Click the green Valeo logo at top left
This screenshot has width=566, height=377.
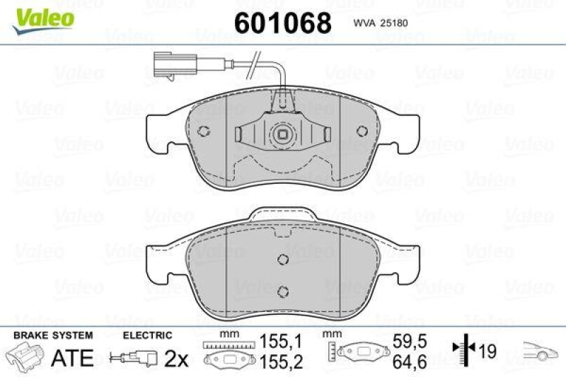[x=40, y=16]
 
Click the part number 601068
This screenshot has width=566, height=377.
[x=282, y=23]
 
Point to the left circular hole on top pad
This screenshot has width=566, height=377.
[x=204, y=131]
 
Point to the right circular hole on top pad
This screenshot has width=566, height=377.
[x=362, y=131]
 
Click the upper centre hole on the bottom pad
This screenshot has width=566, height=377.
[x=282, y=258]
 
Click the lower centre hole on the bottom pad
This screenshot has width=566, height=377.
[x=282, y=290]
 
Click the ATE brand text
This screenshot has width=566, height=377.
[x=72, y=358]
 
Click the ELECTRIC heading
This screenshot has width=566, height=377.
[x=147, y=335]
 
